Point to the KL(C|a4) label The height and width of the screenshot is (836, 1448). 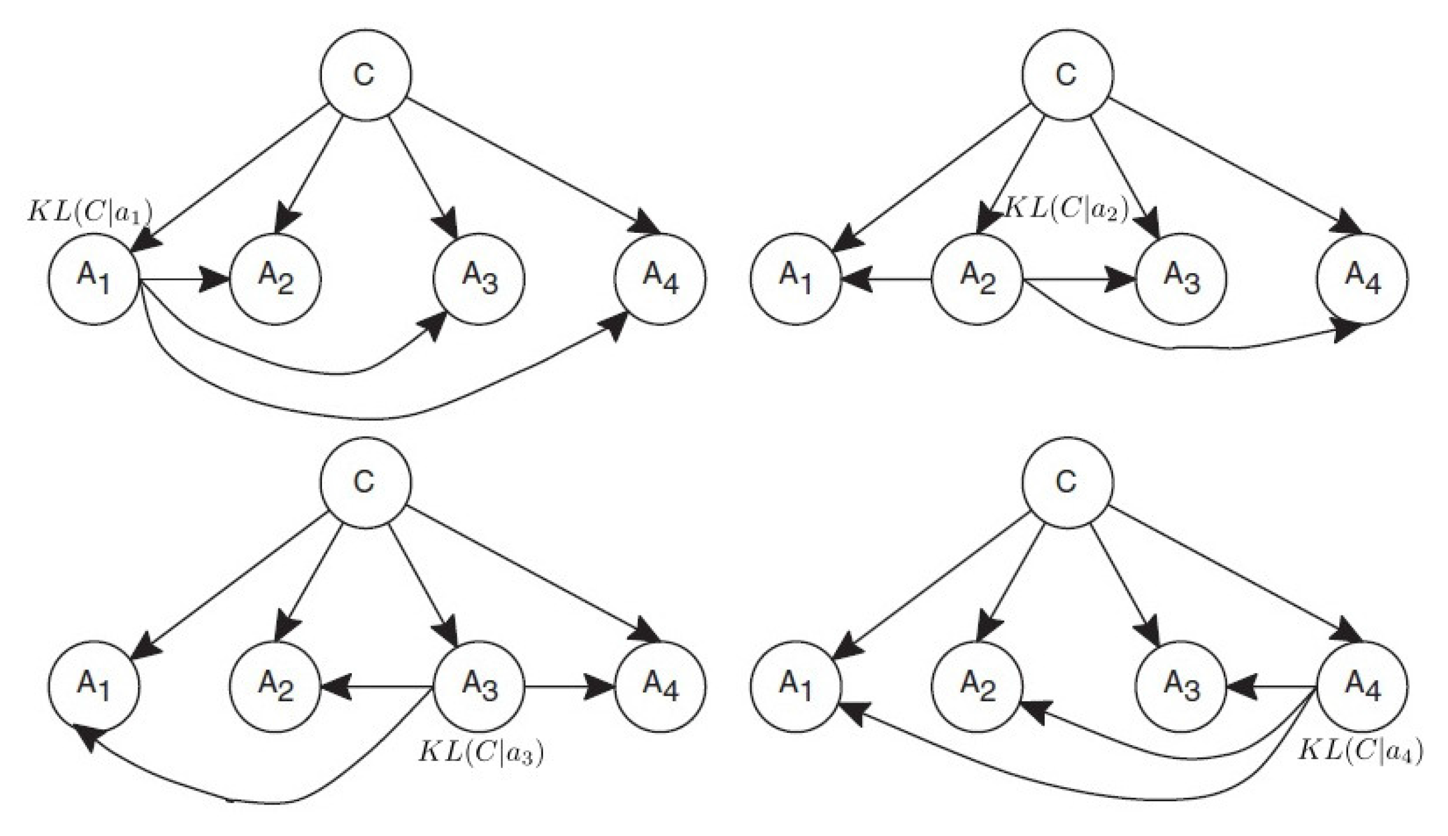pos(1360,751)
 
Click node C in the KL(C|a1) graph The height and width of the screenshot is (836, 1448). pos(366,75)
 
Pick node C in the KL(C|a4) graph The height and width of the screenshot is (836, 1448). pos(1067,482)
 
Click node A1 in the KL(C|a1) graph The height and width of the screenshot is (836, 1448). pos(94,279)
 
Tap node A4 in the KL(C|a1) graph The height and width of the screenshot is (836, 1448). pos(660,279)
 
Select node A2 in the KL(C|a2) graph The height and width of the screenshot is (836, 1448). pos(977,279)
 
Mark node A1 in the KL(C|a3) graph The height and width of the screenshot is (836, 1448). pos(94,687)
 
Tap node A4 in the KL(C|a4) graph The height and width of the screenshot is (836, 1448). pos(1362,687)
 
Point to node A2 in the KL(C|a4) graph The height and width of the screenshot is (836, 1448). pos(977,687)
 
